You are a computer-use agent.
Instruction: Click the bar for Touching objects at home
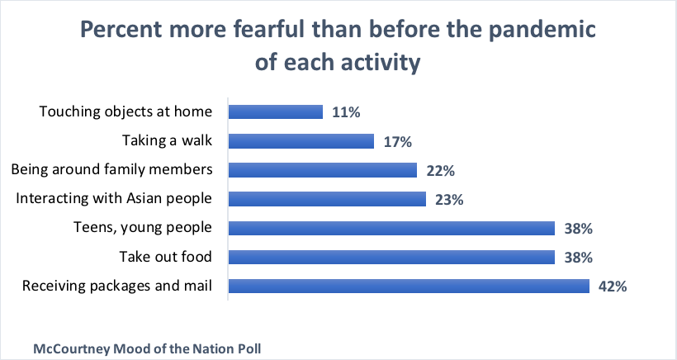[x=275, y=111]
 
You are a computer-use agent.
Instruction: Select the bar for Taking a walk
[x=301, y=141]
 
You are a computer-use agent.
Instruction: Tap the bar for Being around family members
[x=322, y=170]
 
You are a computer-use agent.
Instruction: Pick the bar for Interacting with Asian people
[x=326, y=199]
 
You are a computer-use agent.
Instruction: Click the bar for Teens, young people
[x=391, y=228]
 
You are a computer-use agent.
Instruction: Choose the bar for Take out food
[x=391, y=257]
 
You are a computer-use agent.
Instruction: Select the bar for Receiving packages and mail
[x=408, y=287]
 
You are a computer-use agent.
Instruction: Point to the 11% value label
[x=346, y=111]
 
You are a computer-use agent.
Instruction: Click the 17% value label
[x=398, y=141]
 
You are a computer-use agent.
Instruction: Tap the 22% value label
[x=441, y=170]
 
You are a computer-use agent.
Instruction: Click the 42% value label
[x=613, y=287]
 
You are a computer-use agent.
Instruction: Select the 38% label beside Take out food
[x=578, y=257]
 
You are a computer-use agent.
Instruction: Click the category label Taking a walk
[x=168, y=140]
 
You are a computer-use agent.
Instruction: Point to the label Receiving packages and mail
[x=117, y=287]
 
